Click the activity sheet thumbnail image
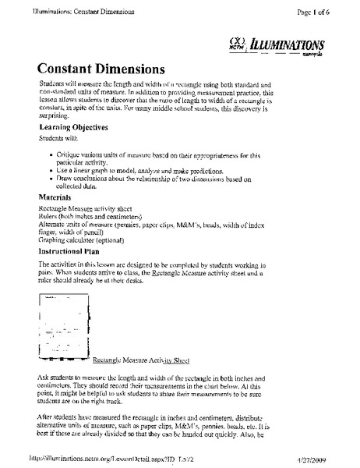click(62, 327)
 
